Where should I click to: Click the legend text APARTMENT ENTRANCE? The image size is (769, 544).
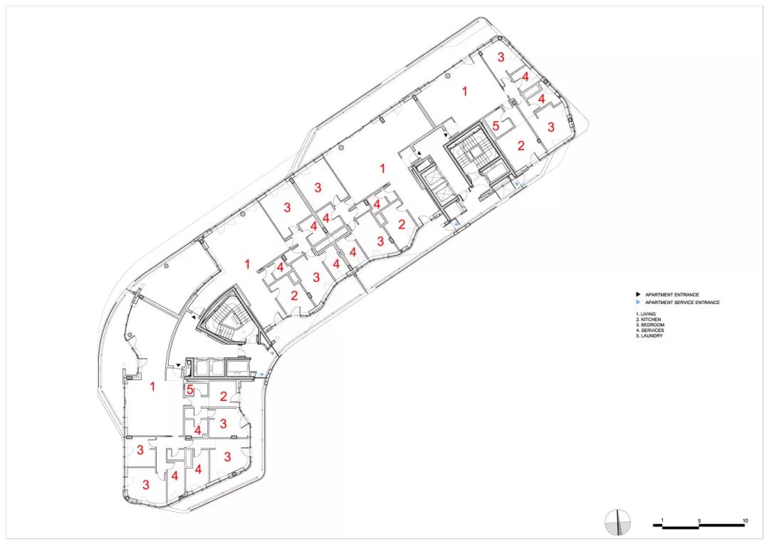click(671, 295)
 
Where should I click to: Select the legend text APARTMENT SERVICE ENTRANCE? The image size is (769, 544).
click(682, 303)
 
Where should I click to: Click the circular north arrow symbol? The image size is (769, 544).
click(618, 523)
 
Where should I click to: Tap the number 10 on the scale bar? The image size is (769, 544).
click(745, 521)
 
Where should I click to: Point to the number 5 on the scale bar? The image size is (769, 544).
click(699, 521)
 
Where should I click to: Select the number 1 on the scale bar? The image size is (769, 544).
click(663, 521)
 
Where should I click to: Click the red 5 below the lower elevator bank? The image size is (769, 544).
click(190, 391)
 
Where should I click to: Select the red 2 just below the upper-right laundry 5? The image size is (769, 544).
click(520, 145)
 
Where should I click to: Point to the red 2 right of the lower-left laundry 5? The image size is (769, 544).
click(224, 397)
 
